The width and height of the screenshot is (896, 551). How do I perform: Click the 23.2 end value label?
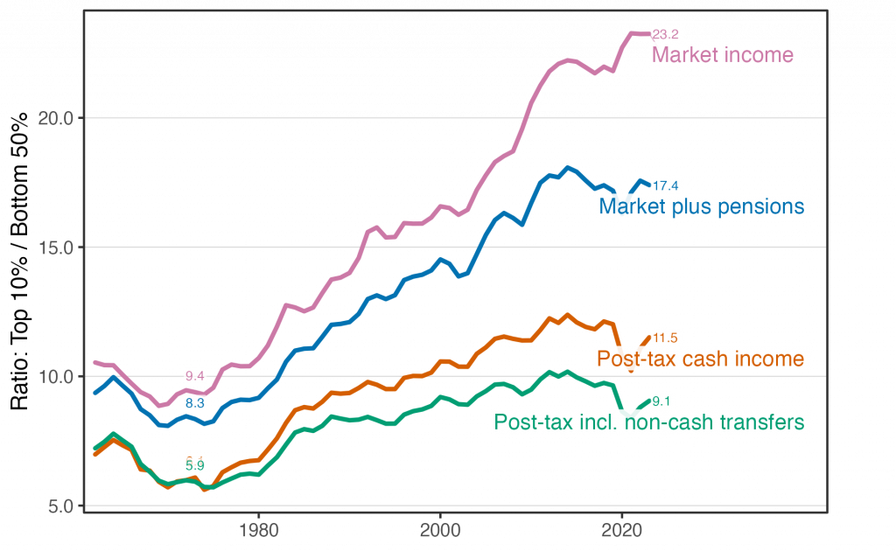666,35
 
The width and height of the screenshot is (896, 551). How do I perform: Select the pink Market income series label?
723,56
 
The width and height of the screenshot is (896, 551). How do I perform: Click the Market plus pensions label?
702,207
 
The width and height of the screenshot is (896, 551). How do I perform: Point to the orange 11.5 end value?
666,338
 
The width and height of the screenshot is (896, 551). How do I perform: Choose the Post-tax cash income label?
700,359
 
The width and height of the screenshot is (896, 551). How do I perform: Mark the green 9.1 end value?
662,402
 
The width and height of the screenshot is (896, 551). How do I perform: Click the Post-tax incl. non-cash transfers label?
648,423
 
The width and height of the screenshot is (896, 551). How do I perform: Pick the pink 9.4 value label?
194,376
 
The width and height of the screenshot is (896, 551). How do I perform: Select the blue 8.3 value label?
194,403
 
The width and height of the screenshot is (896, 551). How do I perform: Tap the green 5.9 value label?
194,465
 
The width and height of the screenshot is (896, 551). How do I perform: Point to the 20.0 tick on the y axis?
55,118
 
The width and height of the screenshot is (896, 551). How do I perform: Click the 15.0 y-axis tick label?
55,248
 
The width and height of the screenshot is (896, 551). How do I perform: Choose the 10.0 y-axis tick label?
55,377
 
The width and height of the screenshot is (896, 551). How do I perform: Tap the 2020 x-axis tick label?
622,529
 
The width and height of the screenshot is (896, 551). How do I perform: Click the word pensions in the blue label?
763,207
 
